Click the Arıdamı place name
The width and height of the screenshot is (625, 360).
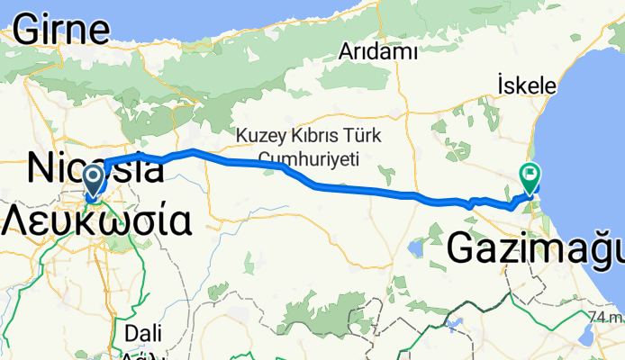click(377, 52)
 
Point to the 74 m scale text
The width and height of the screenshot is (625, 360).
click(604, 318)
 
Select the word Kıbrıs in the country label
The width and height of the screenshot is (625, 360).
click(312, 137)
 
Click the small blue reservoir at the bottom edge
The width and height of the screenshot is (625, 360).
click(456, 320)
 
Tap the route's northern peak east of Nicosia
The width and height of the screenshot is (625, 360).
click(192, 150)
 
